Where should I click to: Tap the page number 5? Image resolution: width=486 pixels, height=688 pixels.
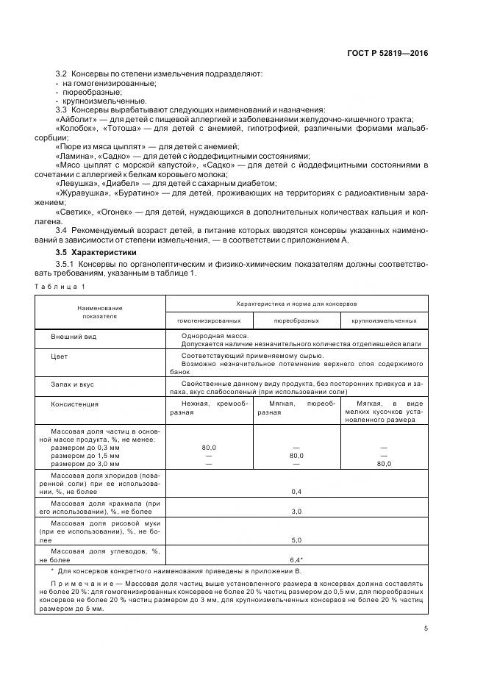[x=425, y=628]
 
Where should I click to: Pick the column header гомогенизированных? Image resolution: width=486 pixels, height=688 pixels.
[x=209, y=320]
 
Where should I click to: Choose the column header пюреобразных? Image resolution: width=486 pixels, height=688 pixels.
[x=296, y=320]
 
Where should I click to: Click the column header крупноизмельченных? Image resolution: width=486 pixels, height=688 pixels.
[x=384, y=320]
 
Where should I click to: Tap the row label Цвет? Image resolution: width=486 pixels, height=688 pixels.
[x=60, y=355]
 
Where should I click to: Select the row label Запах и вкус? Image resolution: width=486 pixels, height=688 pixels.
[x=72, y=384]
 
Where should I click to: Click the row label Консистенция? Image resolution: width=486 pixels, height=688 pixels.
[x=74, y=404]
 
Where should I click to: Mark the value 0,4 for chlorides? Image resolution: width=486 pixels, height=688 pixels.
[x=297, y=491]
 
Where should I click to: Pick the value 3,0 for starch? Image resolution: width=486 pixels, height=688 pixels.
[x=297, y=511]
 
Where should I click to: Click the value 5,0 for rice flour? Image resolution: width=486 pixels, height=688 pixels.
[x=297, y=539]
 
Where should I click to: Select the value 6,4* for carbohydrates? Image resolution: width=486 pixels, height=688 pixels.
[x=297, y=559]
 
